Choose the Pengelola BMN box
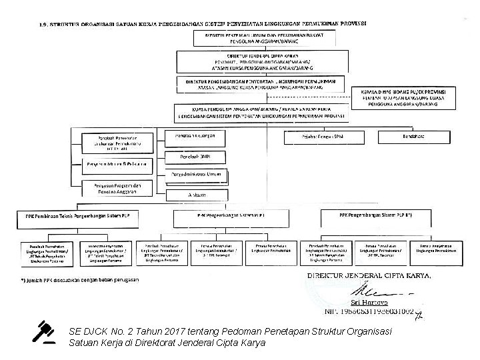pyautogui.click(x=194, y=157)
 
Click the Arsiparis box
pyautogui.click(x=194, y=194)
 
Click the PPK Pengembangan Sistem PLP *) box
pyautogui.click(x=375, y=216)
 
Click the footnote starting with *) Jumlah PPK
pyautogui.click(x=79, y=280)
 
